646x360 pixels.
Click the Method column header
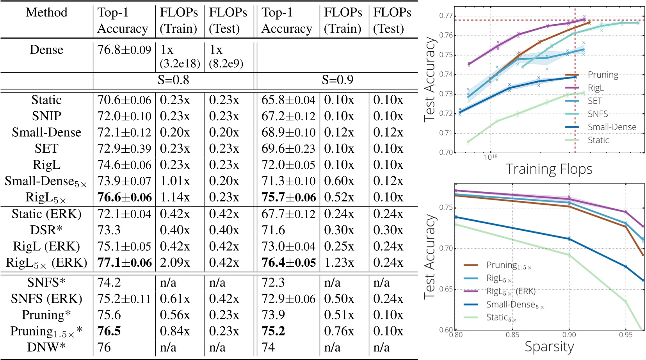(x=46, y=12)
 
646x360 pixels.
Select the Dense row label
(x=46, y=50)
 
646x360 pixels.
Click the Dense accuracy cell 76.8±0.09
(x=124, y=50)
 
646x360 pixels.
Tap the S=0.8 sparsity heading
(x=173, y=80)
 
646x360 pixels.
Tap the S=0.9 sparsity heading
(x=337, y=80)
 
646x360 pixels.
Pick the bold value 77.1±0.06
(x=124, y=263)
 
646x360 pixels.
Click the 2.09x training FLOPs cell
(x=175, y=263)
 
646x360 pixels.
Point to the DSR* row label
(x=46, y=230)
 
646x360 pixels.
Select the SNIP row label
(x=46, y=116)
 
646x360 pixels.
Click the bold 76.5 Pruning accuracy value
(x=109, y=331)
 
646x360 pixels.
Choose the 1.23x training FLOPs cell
(x=339, y=263)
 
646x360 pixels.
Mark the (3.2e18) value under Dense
(x=180, y=63)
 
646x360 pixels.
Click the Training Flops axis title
(x=549, y=169)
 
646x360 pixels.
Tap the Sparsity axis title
(x=549, y=346)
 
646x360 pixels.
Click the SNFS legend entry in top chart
(x=598, y=114)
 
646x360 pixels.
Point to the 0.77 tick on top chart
(x=446, y=16)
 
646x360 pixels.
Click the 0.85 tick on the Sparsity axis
(x=512, y=335)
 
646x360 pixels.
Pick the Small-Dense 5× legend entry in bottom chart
(x=514, y=305)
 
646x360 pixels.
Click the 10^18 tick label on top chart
(x=491, y=157)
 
